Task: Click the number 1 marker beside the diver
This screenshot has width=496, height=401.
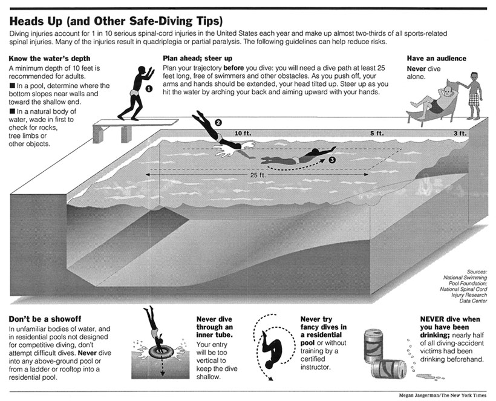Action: [x=149, y=89]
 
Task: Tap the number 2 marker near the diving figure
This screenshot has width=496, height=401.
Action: [x=218, y=123]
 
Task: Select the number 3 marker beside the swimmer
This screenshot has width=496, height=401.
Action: [x=332, y=160]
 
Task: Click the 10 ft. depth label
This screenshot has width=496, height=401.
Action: [x=243, y=133]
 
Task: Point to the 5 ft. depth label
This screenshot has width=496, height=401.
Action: [x=377, y=133]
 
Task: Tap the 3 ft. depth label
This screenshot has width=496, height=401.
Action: [x=460, y=133]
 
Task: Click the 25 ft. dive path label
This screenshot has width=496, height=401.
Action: [x=258, y=175]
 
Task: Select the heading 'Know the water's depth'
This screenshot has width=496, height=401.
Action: [x=50, y=59]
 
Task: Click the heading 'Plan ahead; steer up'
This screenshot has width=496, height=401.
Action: [x=197, y=58]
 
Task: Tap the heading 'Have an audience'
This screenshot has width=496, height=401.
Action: [x=437, y=58]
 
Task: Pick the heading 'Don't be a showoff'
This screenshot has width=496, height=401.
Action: [x=45, y=319]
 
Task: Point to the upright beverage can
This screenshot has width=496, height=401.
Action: [x=374, y=345]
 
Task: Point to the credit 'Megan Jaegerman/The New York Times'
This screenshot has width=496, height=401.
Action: [x=443, y=396]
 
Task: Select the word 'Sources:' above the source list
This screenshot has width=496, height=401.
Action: [x=477, y=272]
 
